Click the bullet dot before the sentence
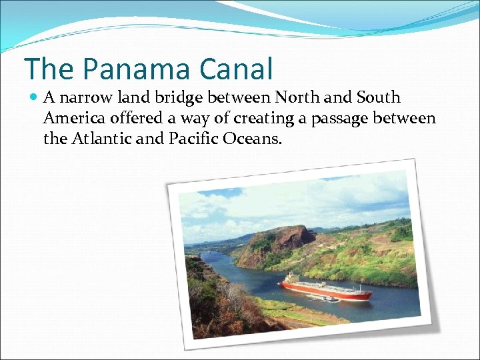[34, 98]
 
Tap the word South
[378, 98]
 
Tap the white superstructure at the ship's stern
[291, 279]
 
